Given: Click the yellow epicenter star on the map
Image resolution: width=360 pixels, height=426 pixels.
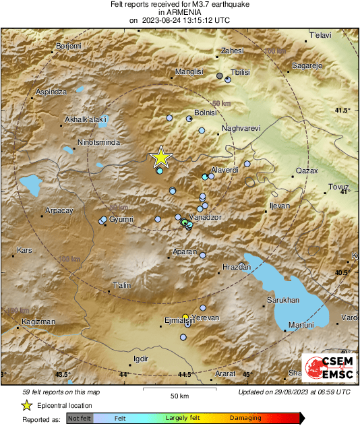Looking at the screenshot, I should coord(160,157).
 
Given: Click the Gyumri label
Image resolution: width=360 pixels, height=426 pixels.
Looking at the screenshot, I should coord(122,220).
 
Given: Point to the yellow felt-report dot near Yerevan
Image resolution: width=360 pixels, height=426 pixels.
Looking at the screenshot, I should coord(185,317).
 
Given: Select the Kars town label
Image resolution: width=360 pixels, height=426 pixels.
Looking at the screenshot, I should coord(24,250).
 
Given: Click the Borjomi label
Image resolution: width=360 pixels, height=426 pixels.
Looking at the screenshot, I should coord(67,46).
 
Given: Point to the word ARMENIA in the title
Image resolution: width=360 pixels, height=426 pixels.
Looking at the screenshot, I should coord(179,12).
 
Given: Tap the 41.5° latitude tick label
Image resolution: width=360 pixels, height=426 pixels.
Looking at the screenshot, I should coord(343,110).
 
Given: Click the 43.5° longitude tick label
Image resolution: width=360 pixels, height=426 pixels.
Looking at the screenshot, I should coord(63,374).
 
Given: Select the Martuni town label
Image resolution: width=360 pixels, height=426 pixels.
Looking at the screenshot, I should coord(301,325).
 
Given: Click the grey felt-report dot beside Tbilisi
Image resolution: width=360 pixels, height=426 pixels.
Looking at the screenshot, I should coord(219,76).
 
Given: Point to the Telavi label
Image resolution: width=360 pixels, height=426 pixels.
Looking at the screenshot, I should coord(320,34).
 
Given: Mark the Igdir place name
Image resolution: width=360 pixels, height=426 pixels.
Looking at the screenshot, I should coord(140,359).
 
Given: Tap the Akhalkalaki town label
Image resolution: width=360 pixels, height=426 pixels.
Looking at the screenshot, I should coord(86,120).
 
